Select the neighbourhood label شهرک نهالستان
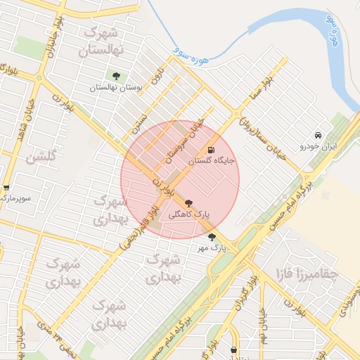tap(103, 41)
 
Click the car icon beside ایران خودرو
tap(319, 135)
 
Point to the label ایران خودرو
tap(319, 146)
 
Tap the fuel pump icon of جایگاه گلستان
tap(210, 150)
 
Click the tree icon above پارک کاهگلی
tap(188, 202)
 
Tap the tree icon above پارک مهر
tap(212, 237)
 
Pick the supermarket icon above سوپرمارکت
tap(6, 188)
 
